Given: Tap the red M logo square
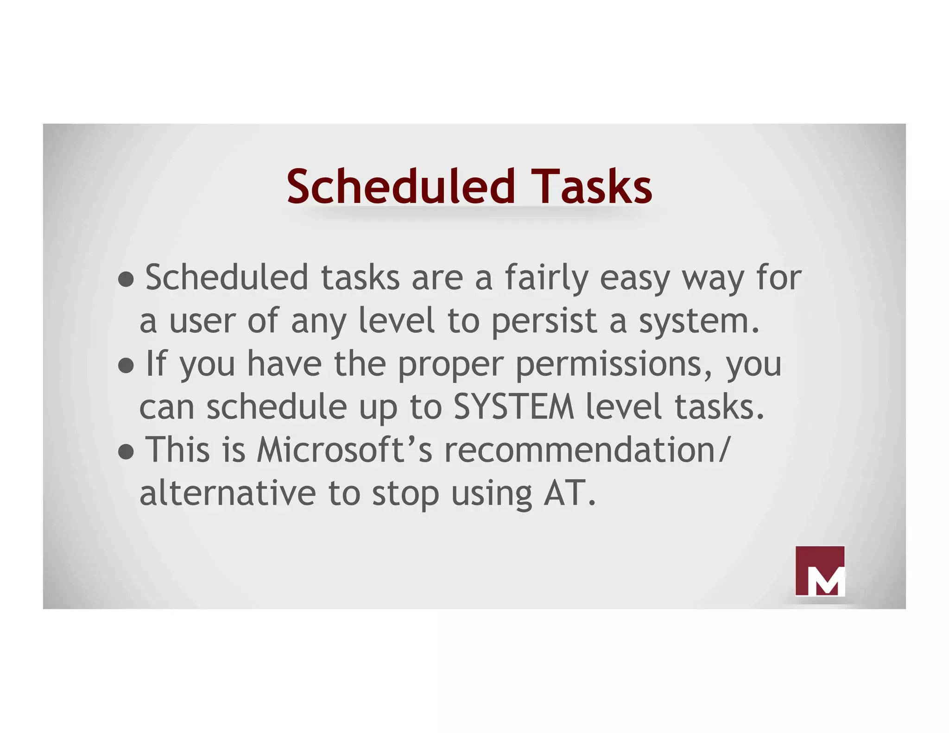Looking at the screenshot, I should click(820, 571).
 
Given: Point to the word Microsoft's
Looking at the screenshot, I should click(345, 450).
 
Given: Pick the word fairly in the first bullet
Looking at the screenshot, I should click(546, 278).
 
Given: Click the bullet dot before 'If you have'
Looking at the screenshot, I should click(126, 366).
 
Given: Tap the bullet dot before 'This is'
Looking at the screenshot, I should click(126, 452).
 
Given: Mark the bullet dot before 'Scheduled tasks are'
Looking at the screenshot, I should click(126, 280).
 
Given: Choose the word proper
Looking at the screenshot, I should click(450, 365).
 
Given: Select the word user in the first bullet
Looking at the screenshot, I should click(202, 321).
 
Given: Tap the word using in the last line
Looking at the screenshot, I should click(492, 494).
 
